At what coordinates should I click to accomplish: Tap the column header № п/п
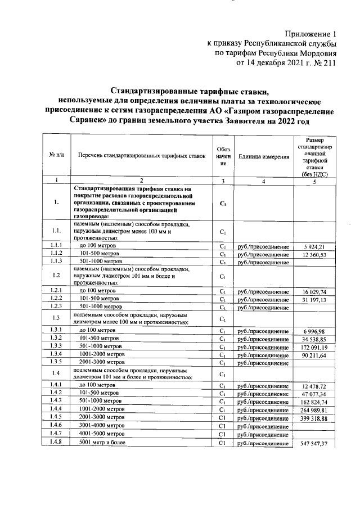(x=57, y=155)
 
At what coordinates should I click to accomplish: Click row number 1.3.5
(x=56, y=363)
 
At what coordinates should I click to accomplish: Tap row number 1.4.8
(x=56, y=443)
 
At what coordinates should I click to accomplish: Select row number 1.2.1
(x=56, y=290)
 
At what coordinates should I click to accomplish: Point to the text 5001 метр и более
(x=105, y=443)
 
